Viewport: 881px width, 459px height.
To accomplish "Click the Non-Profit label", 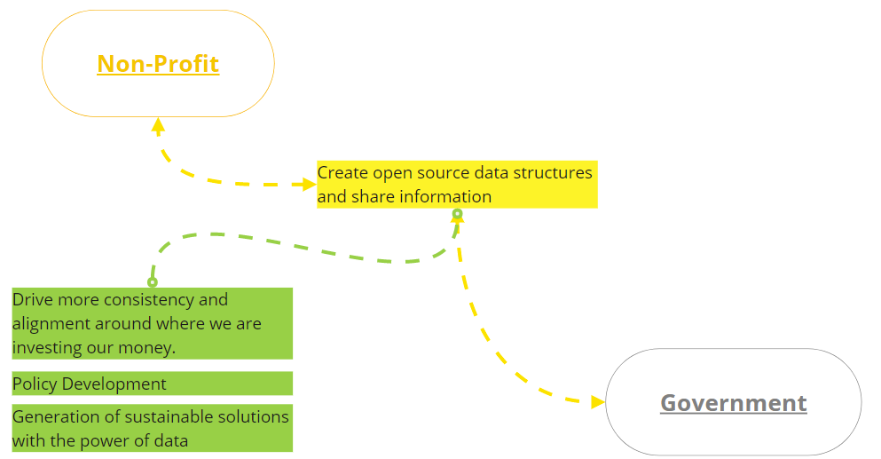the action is pyautogui.click(x=158, y=64).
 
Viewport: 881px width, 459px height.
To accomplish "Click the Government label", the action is pyautogui.click(x=733, y=403).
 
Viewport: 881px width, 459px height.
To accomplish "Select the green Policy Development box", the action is pyautogui.click(x=153, y=384).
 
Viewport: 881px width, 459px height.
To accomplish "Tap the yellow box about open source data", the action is pyautogui.click(x=457, y=185).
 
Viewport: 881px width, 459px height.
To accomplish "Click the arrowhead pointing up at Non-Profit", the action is pyautogui.click(x=158, y=125).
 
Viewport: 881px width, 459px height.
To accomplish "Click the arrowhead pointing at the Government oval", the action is pyautogui.click(x=598, y=401).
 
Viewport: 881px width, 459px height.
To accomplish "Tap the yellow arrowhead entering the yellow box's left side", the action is pyautogui.click(x=310, y=184).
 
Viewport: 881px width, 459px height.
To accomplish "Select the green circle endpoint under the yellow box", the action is pyautogui.click(x=457, y=214).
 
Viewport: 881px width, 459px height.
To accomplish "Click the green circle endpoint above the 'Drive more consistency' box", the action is pyautogui.click(x=153, y=281).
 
